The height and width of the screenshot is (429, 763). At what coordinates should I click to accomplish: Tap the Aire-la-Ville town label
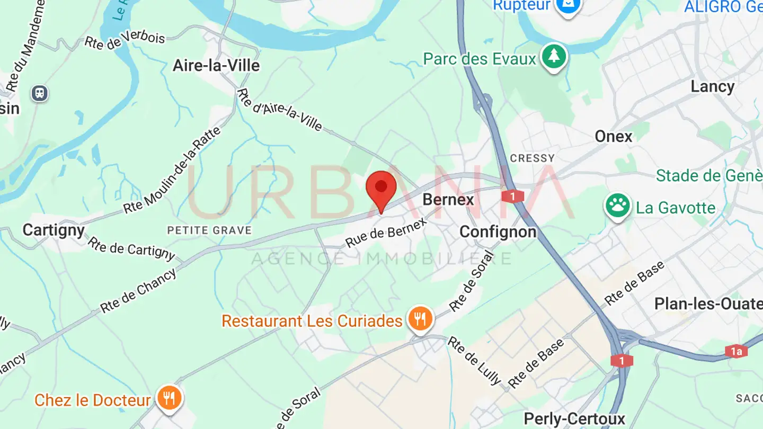click(216, 66)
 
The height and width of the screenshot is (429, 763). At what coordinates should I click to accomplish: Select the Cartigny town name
click(54, 230)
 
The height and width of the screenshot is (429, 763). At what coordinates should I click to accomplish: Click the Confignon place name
click(498, 231)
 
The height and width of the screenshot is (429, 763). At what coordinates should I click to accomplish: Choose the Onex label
click(614, 137)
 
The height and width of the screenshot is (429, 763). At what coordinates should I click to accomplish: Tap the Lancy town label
click(712, 87)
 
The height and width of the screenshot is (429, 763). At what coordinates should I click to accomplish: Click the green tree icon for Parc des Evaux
click(554, 56)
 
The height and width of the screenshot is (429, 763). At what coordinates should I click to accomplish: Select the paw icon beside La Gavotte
click(617, 205)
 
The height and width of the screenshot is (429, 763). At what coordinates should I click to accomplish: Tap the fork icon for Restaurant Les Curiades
click(420, 319)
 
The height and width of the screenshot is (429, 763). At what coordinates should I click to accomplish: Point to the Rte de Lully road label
click(474, 360)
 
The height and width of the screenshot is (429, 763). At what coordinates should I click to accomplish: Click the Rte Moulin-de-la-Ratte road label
click(172, 171)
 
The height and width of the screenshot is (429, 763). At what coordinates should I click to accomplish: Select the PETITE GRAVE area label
click(209, 230)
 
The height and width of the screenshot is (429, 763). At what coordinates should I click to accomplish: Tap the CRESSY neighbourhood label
click(532, 158)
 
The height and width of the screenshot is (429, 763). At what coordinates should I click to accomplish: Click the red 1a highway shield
click(736, 351)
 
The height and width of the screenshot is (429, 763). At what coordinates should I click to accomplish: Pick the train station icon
click(39, 94)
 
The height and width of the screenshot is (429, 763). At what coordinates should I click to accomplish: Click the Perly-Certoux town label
click(574, 419)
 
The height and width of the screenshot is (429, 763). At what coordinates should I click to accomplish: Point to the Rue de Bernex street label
click(386, 234)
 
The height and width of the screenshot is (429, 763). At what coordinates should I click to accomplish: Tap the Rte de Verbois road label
click(125, 40)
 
